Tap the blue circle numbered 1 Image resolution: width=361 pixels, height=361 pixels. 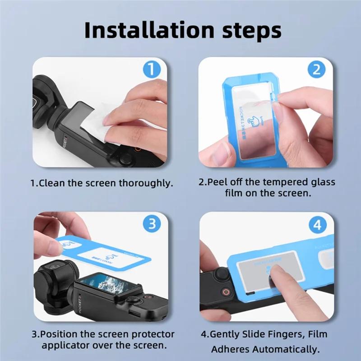pyautogui.click(x=152, y=70)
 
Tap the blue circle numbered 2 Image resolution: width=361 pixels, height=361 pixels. pyautogui.click(x=317, y=70)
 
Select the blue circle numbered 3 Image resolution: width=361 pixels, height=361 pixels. pyautogui.click(x=152, y=224)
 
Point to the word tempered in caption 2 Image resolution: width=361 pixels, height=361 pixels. pyautogui.click(x=284, y=182)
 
